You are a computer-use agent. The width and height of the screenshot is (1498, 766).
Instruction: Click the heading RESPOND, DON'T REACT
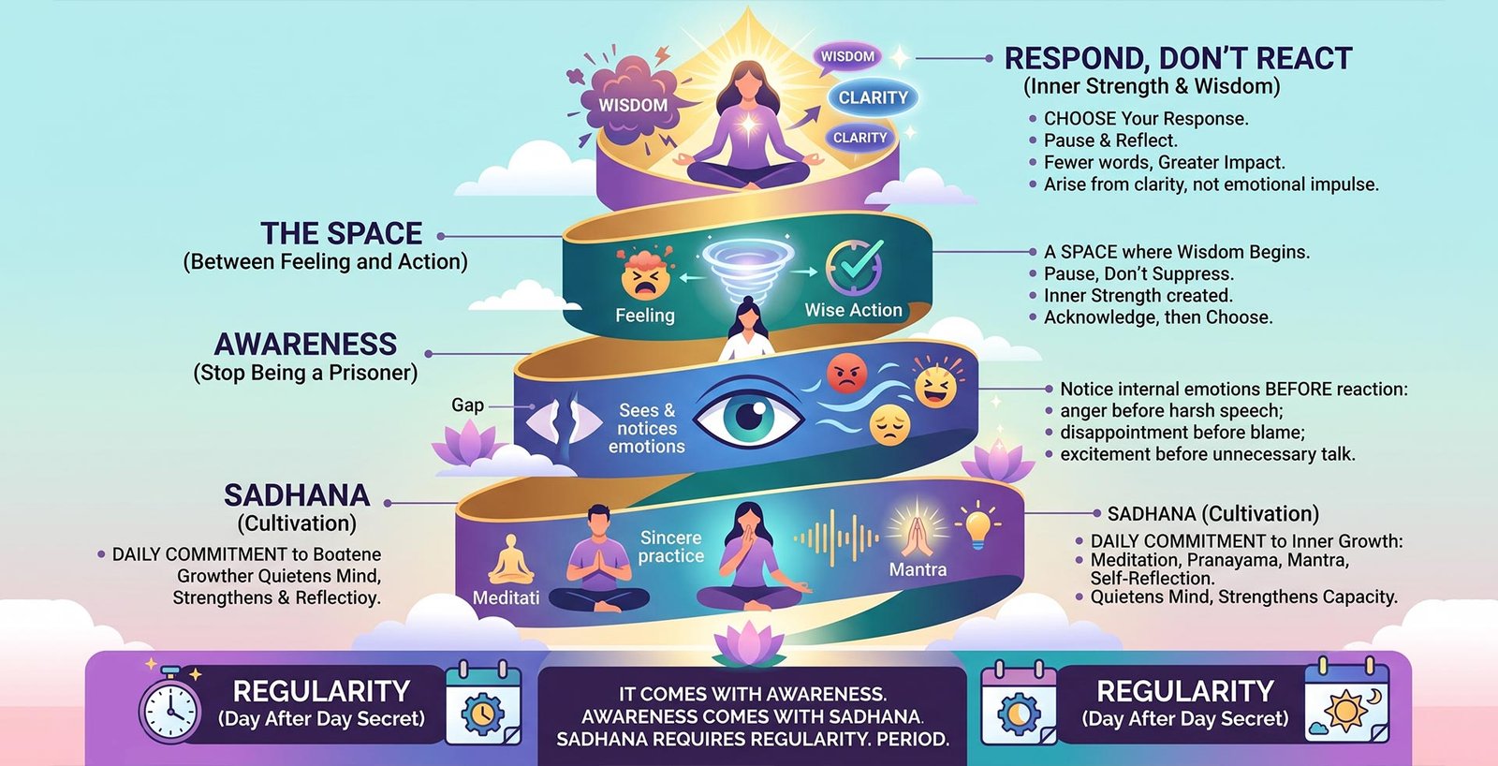(1179, 58)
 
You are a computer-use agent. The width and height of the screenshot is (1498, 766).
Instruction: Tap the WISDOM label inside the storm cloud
(633, 105)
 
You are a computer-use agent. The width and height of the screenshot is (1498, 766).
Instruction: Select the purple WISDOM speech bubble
(848, 56)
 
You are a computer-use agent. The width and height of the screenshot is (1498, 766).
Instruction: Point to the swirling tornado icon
(748, 268)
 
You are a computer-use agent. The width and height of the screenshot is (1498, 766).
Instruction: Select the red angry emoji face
(846, 374)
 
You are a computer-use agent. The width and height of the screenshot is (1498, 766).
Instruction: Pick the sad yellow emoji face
(890, 425)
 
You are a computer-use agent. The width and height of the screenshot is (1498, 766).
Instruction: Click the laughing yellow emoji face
(935, 385)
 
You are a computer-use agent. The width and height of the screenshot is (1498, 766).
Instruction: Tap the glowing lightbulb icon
(977, 524)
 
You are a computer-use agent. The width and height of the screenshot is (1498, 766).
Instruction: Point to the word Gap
(467, 405)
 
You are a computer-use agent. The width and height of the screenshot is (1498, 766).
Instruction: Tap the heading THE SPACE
(341, 233)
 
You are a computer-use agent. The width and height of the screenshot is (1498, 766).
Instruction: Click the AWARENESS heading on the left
(305, 344)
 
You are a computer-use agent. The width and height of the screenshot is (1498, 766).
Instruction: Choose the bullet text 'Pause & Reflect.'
(1110, 140)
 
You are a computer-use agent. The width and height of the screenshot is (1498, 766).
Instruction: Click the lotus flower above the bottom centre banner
(749, 643)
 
